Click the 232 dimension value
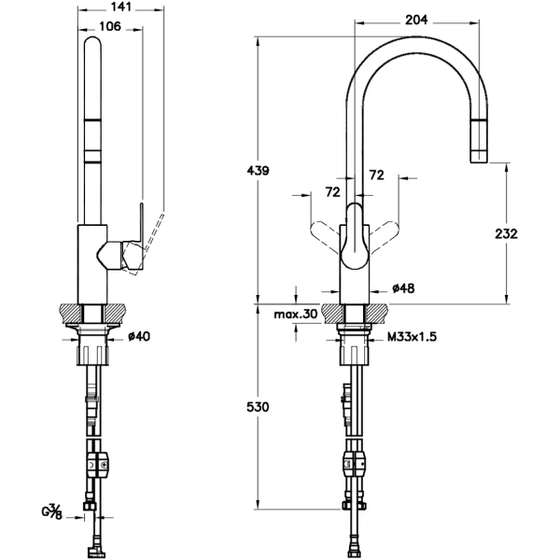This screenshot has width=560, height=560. pos(507,234)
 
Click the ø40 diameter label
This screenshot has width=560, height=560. pos(138,336)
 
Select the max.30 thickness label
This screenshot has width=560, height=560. pos(296,315)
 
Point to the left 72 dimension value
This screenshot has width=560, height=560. pos(330,191)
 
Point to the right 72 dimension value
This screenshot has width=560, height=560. pos(377,175)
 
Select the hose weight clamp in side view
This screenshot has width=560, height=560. pos(99,462)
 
